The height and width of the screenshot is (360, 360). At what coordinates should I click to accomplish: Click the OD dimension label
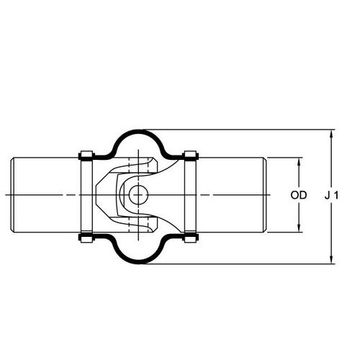pos(299,195)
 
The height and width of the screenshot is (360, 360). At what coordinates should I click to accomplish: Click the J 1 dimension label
pos(332,195)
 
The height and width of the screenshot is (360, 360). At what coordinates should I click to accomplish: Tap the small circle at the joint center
pos(138,195)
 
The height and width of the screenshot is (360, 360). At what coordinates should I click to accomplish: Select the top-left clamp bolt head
pos(86,155)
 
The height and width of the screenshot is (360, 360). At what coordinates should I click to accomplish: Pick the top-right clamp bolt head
pos(190,155)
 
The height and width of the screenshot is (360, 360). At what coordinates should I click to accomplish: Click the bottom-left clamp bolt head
pos(86,238)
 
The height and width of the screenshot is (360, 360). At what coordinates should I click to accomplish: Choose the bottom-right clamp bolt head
pos(190,238)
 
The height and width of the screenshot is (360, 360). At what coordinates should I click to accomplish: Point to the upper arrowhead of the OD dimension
pos(299,163)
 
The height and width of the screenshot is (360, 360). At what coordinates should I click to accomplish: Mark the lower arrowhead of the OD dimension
pos(299,227)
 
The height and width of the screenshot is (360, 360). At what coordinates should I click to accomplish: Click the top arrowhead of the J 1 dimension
pos(331,135)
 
